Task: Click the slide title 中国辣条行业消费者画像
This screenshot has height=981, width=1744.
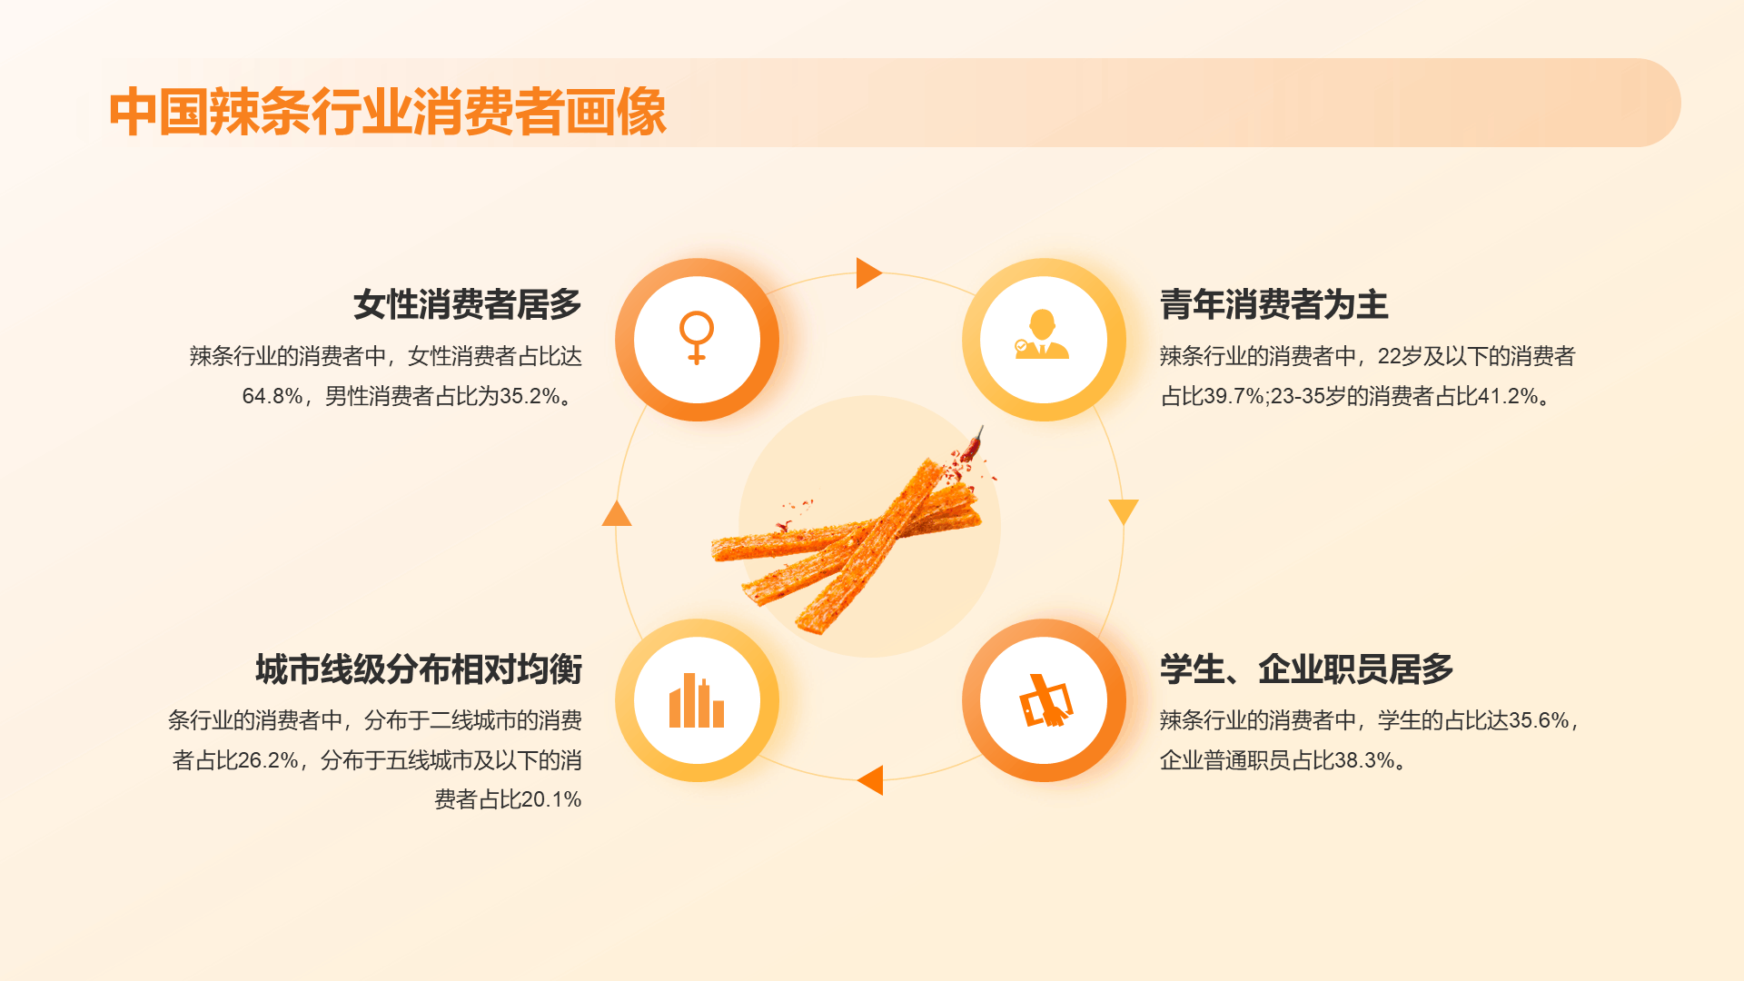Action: pos(388,113)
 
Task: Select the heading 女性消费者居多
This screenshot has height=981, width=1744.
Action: pos(468,304)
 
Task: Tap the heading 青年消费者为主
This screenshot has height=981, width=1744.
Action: pos(1274,304)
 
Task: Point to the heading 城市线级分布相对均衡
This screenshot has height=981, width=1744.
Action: pos(419,669)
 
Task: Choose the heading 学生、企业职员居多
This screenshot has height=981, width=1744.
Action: pos(1307,669)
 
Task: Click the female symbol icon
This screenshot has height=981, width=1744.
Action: pos(697,338)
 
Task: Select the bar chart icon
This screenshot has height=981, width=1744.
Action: pos(697,700)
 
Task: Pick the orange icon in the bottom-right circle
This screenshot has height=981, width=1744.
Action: pos(1046,700)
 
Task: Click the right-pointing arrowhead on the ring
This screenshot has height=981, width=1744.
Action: pos(868,272)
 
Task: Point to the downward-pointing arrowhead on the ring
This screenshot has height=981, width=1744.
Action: pos(1124,511)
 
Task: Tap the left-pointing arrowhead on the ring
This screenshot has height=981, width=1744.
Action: pos(870,780)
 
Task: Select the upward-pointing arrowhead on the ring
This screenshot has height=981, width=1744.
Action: pos(617,513)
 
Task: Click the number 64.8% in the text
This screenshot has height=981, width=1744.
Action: pos(272,396)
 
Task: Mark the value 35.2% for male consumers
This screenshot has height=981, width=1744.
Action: pos(530,396)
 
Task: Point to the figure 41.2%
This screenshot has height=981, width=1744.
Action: pos(1508,396)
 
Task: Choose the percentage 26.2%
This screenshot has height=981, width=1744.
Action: pos(268,760)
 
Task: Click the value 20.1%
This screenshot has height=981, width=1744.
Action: pos(551,799)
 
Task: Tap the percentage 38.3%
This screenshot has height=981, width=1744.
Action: pos(1364,760)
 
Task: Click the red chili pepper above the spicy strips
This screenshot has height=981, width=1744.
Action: pos(974,445)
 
